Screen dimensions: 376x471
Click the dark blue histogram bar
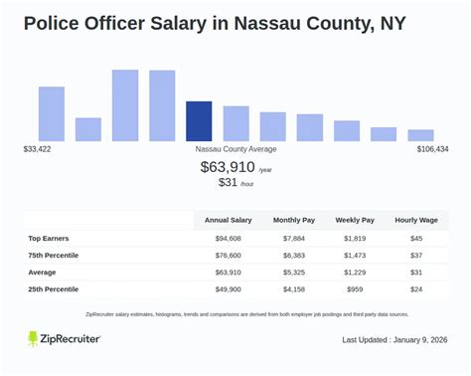click(199, 121)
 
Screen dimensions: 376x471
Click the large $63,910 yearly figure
click(229, 167)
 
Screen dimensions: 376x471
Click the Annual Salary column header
click(228, 220)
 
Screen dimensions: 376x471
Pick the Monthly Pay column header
click(294, 220)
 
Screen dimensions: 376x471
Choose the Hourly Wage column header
click(417, 220)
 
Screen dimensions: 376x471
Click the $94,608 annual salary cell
click(228, 238)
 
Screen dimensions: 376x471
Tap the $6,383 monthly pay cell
click(294, 255)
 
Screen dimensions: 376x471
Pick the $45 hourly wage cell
click(417, 238)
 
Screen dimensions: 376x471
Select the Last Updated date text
click(394, 340)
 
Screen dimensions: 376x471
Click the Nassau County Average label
click(235, 149)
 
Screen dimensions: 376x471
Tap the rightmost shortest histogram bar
click(420, 135)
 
